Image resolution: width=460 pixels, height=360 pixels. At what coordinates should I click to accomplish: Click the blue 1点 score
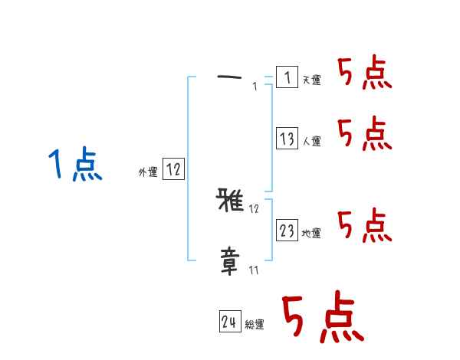[75, 165]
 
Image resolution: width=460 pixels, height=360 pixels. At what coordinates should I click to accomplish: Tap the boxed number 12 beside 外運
[173, 170]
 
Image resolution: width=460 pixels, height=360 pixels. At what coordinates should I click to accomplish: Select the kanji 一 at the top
[229, 77]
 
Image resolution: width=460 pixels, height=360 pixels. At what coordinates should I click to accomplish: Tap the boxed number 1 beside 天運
[287, 77]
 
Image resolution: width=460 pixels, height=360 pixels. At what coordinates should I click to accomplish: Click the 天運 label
[311, 80]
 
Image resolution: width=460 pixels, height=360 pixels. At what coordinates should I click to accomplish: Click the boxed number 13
[287, 139]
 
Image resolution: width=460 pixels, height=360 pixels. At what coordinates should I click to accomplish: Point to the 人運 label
[311, 142]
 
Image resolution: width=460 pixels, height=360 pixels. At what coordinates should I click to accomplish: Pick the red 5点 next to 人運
[365, 135]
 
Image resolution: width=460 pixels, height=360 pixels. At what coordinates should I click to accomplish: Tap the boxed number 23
[287, 231]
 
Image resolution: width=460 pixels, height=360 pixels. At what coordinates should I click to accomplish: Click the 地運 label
[311, 234]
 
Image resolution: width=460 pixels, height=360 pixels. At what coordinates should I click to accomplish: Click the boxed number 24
[228, 322]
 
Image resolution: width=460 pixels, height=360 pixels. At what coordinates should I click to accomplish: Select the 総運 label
[255, 325]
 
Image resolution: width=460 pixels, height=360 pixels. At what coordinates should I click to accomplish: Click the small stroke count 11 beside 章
[253, 270]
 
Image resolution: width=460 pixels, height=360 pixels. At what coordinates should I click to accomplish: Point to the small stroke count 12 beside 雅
[255, 208]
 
